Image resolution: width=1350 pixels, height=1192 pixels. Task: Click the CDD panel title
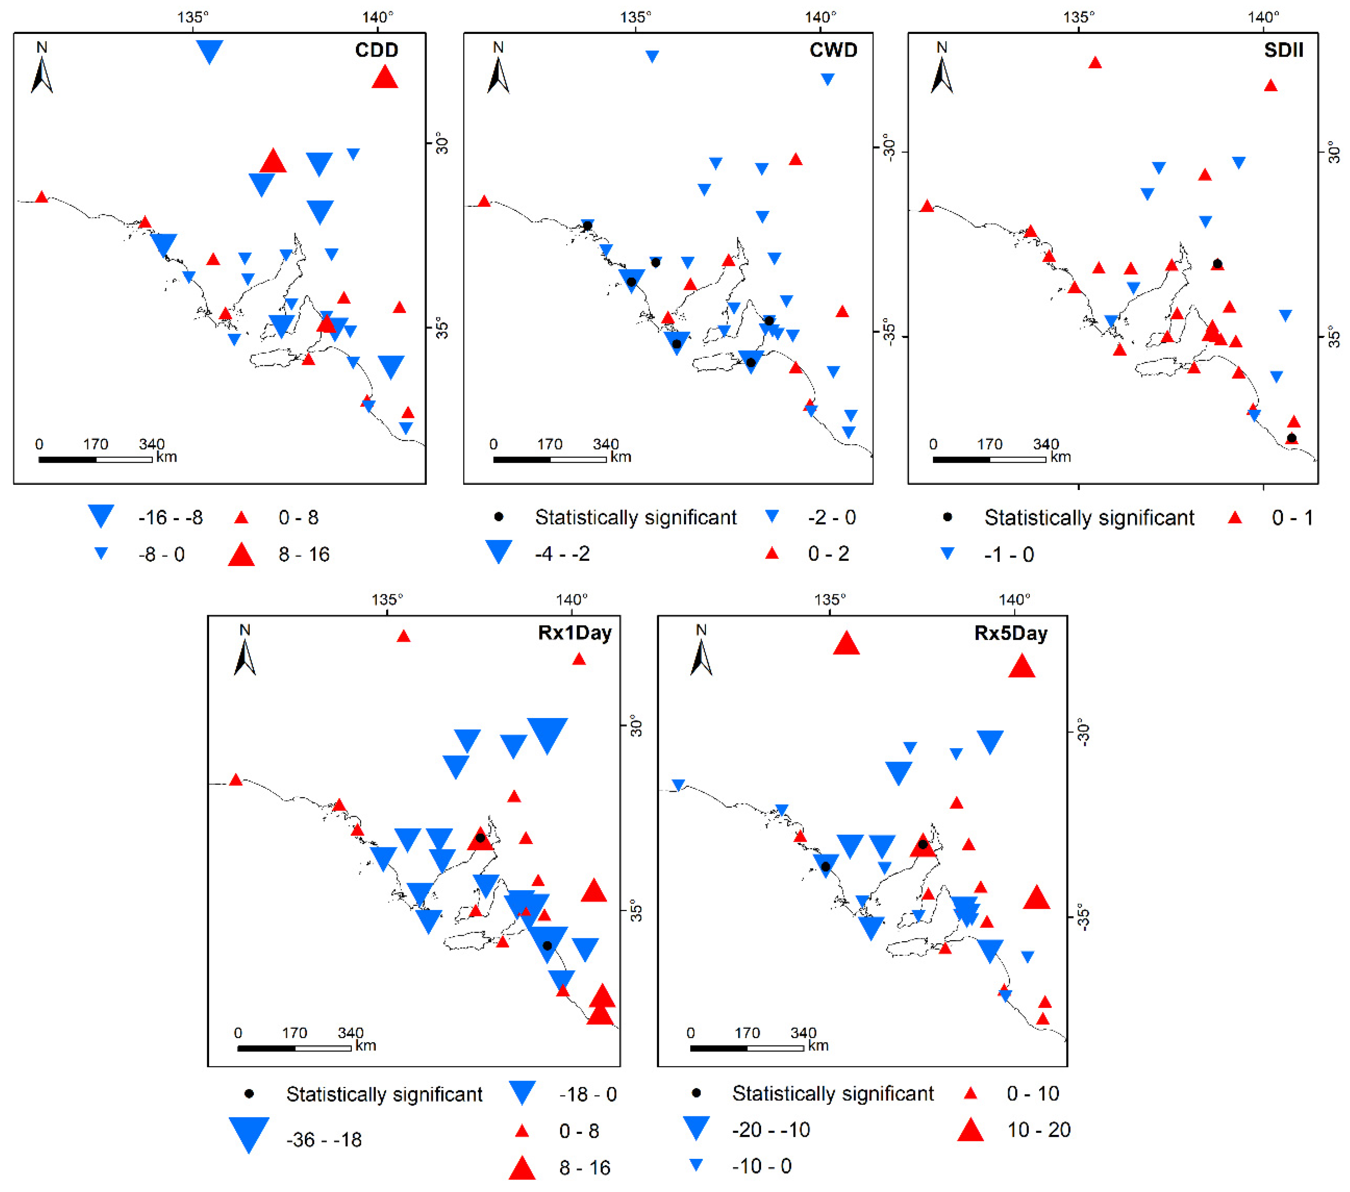pos(376,50)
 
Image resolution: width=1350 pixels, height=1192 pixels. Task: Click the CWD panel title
pos(833,50)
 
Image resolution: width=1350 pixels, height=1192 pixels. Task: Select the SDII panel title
pos(1283,50)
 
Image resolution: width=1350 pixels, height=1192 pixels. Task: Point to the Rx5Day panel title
pos(1010,633)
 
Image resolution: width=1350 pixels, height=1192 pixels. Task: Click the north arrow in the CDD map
pos(42,69)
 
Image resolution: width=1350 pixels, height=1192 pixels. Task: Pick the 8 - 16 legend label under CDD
pos(304,555)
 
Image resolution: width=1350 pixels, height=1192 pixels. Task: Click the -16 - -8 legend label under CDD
pos(170,518)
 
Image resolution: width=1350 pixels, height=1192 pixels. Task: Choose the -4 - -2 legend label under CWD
pos(562,553)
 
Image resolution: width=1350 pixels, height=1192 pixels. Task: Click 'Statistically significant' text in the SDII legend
pos(1089,518)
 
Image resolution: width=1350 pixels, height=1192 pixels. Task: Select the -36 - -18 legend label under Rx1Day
pos(324,1140)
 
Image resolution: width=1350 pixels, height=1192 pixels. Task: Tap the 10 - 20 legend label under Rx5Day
pos(1038,1130)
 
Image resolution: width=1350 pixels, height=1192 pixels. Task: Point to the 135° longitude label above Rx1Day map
pos(387,600)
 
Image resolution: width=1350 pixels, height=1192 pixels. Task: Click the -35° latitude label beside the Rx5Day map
pos(1082,917)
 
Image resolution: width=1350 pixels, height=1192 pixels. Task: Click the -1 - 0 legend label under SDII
pos(1009,555)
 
